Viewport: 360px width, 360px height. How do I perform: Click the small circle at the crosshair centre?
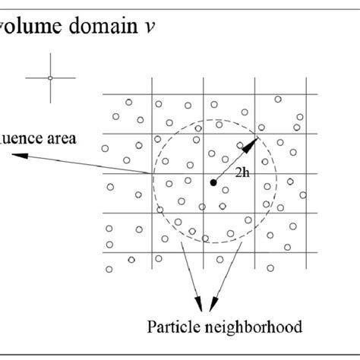[x=49, y=77]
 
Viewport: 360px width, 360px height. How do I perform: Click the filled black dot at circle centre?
[x=213, y=182]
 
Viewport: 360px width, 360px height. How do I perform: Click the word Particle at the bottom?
[x=172, y=328]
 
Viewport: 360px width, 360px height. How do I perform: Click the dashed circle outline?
[x=276, y=182]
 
